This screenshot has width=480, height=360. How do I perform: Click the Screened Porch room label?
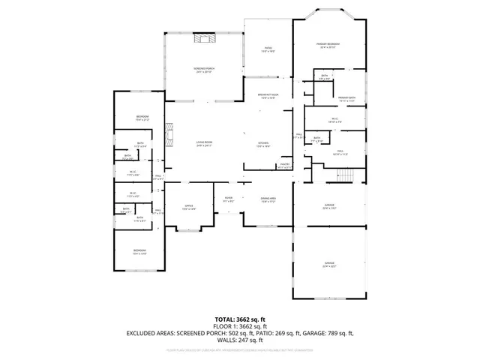pos(204,71)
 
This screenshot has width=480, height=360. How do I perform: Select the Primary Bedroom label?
pos(328,46)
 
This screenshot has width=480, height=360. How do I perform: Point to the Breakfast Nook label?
pos(268,96)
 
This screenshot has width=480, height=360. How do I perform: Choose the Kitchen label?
pos(263,145)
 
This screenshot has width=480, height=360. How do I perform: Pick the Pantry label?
pos(285,166)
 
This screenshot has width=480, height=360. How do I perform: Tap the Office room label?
pos(189,208)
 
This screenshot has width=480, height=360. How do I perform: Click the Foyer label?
pos(229,200)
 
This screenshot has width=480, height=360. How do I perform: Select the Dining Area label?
pos(268,200)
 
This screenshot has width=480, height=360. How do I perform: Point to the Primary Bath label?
pos(346,100)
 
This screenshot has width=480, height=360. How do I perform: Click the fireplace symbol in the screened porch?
pos(204,39)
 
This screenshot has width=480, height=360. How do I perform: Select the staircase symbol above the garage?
pos(345,175)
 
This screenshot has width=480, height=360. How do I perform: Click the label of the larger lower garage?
pos(328,264)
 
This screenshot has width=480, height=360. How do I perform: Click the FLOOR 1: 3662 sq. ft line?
pos(239,326)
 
